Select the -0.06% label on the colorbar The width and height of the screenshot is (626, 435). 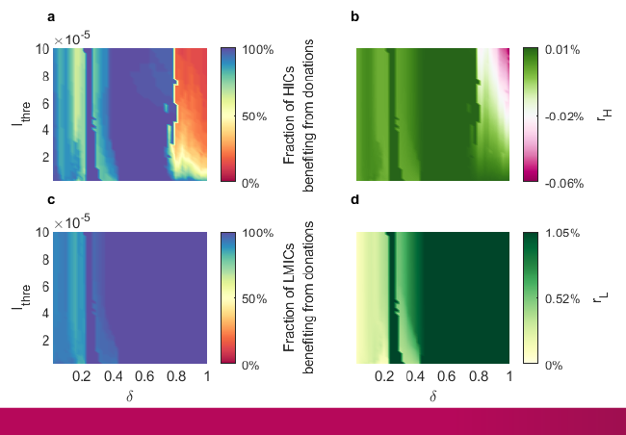click(563, 182)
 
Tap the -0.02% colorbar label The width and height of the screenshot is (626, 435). click(563, 115)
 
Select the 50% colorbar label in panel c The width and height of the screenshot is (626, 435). click(254, 299)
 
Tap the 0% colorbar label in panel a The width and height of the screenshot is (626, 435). click(250, 182)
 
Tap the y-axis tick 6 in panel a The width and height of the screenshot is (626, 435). click(44, 103)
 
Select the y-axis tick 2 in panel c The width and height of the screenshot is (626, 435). click(44, 340)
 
